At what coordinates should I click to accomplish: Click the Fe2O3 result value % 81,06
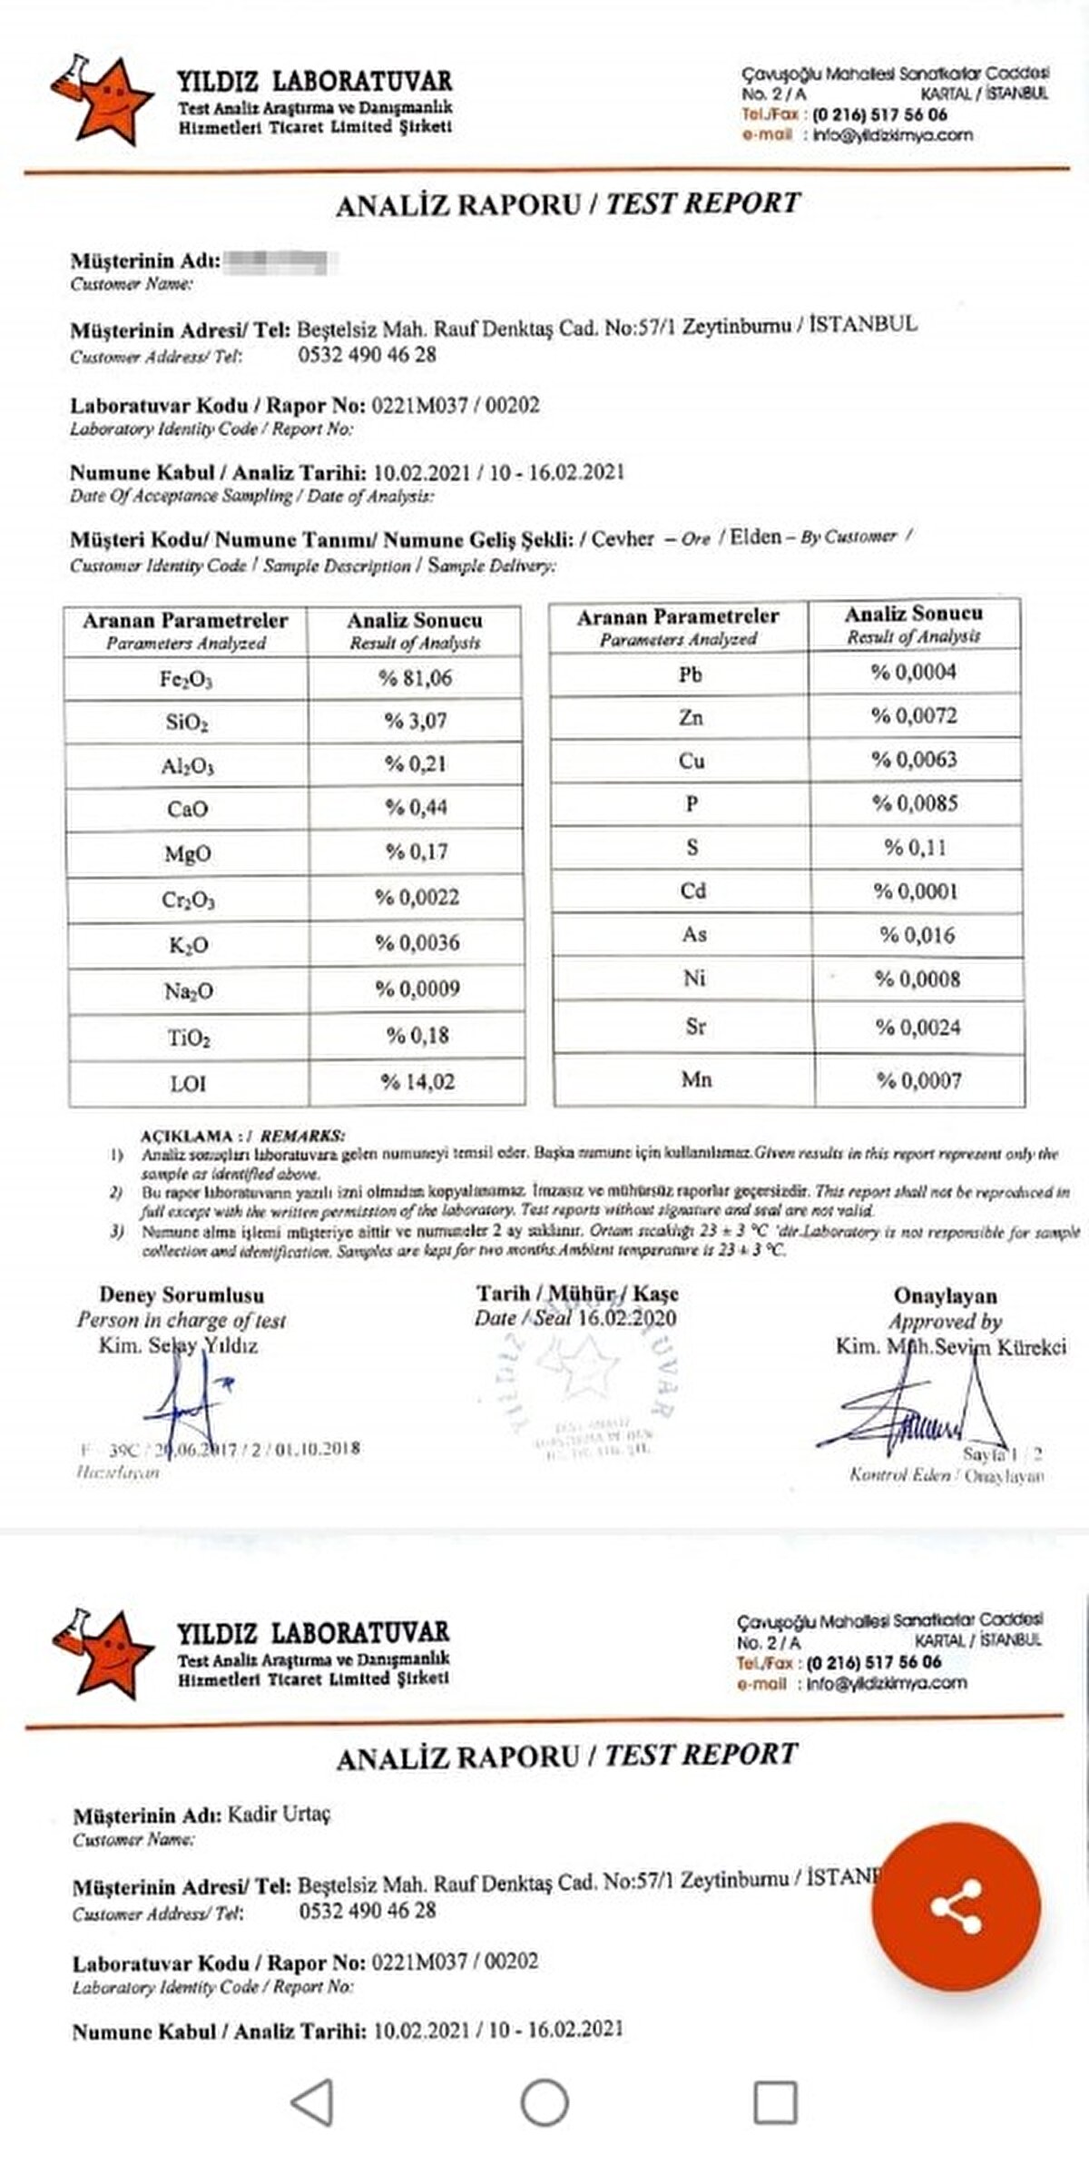(x=415, y=678)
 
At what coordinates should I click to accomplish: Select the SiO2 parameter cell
(x=187, y=723)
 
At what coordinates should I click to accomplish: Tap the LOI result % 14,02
(x=417, y=1082)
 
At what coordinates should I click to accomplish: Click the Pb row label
(x=690, y=674)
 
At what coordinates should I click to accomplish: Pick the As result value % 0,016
(x=917, y=935)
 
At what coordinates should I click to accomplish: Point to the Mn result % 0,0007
(x=918, y=1080)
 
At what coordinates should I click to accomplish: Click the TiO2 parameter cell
(x=188, y=1038)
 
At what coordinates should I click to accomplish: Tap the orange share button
(x=956, y=1906)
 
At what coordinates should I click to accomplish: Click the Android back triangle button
(x=312, y=2102)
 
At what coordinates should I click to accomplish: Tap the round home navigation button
(x=544, y=2102)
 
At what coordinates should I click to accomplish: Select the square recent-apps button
(x=776, y=2102)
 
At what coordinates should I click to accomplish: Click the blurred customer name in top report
(x=280, y=262)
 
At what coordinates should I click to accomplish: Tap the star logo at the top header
(x=102, y=101)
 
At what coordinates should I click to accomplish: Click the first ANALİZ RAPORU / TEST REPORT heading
(x=568, y=204)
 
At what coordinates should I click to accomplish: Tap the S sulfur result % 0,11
(x=915, y=848)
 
